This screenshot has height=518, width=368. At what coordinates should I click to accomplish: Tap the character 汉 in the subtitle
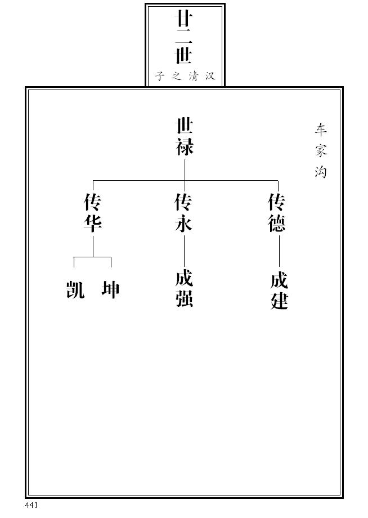point(210,76)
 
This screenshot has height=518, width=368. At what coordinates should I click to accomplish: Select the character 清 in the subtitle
point(193,76)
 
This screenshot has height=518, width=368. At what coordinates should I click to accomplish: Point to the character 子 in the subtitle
point(160,76)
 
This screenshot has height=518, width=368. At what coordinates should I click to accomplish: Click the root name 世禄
point(185,137)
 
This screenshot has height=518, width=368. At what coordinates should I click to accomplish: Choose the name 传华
point(92,213)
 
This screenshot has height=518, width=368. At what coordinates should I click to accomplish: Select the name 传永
point(184,213)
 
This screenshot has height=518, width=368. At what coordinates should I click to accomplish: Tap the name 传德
point(277,213)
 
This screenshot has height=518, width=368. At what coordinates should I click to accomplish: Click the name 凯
point(75,290)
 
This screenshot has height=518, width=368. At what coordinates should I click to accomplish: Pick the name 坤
point(110,290)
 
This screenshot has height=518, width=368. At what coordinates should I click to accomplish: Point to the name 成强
point(184,289)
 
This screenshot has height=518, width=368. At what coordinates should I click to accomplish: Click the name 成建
point(279,291)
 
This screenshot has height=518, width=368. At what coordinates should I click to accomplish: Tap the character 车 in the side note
point(321,130)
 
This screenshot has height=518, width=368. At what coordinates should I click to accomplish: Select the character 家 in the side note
point(321,151)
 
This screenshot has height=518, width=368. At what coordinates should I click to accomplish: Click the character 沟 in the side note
point(321,171)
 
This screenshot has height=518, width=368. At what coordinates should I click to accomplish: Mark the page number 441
point(31,505)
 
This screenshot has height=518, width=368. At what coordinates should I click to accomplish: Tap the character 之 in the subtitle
point(176,76)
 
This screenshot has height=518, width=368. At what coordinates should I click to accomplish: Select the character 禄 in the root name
point(185,147)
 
